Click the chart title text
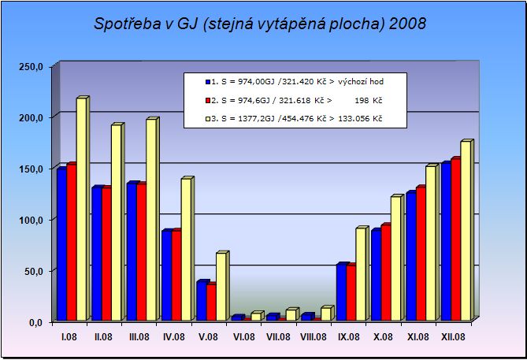click(x=260, y=23)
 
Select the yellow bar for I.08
click(x=80, y=210)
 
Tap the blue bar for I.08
click(x=61, y=245)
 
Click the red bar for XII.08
click(x=455, y=240)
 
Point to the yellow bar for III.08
click(x=150, y=220)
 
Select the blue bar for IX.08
click(x=340, y=292)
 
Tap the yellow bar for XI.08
click(x=429, y=243)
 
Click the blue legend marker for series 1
click(x=207, y=81)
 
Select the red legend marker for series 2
click(x=207, y=100)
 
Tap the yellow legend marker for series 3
click(x=207, y=119)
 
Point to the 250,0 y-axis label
click(x=29, y=66)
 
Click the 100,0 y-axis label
click(x=29, y=220)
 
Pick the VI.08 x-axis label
click(x=244, y=337)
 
